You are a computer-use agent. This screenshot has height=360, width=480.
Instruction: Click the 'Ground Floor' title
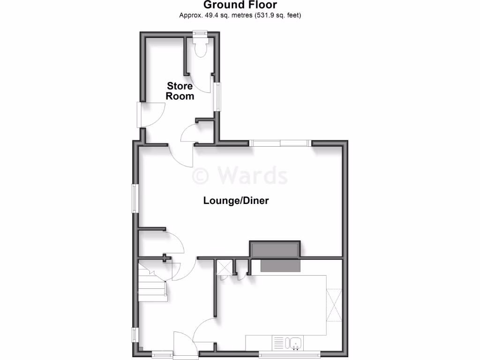pos(240,5)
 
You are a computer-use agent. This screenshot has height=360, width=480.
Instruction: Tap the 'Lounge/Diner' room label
pos(236,201)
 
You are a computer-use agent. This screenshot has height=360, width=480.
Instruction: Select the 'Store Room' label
pos(180,91)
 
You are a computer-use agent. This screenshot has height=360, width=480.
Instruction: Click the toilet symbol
pos(200,47)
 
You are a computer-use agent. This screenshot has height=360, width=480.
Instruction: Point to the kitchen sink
pos(296,343)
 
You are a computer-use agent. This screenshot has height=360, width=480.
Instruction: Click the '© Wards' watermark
pos(240,176)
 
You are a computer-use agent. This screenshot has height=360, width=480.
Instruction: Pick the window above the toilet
pos(200,33)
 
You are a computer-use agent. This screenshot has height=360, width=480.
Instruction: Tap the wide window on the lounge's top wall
pos(280,143)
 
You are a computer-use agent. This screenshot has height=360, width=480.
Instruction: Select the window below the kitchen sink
pos(290,352)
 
